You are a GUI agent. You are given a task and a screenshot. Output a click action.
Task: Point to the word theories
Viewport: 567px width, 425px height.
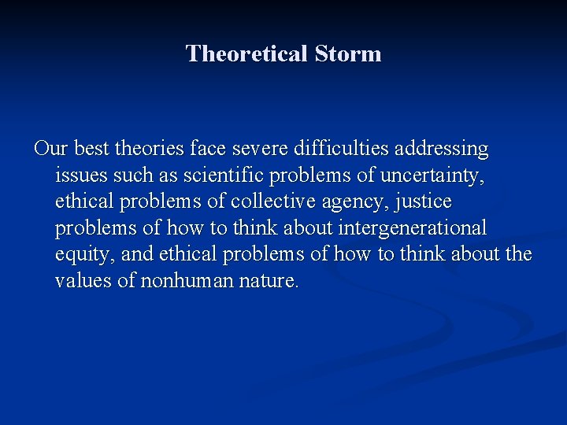[150, 148]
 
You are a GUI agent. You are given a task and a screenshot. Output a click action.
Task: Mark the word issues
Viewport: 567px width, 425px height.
[79, 175]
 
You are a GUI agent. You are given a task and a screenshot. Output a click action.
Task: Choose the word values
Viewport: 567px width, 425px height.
[83, 281]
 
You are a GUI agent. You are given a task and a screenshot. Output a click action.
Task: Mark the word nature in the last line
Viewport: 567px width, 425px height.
[269, 281]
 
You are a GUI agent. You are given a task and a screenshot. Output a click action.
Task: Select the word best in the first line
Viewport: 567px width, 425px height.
[94, 148]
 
